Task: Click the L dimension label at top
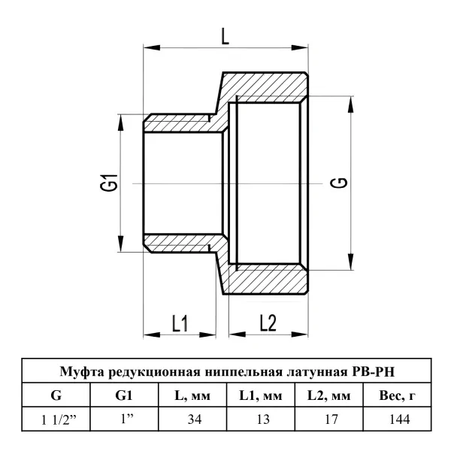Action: click(x=225, y=36)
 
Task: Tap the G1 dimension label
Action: click(x=109, y=183)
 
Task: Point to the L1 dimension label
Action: click(x=180, y=323)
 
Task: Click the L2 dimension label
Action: click(x=268, y=322)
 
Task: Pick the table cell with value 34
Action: click(x=195, y=419)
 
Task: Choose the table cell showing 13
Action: click(x=263, y=419)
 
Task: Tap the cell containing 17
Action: click(x=331, y=419)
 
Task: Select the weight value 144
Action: click(x=400, y=419)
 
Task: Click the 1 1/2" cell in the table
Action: click(x=58, y=420)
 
